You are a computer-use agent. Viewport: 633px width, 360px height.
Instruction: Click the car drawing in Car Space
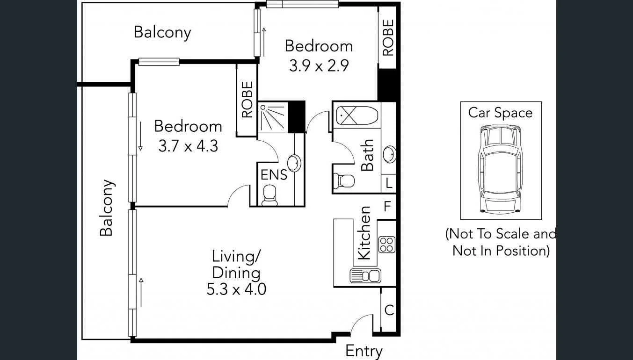click(x=500, y=169)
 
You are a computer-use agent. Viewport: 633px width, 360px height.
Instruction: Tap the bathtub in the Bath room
click(x=357, y=115)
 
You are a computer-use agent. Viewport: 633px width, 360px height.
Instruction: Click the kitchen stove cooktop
click(x=387, y=245)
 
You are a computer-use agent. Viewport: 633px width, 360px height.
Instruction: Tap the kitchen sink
click(x=365, y=276)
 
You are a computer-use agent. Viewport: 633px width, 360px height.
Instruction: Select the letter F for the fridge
click(x=387, y=207)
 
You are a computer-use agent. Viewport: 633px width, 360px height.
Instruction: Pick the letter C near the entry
click(x=388, y=310)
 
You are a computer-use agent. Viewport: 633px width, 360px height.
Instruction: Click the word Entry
click(x=364, y=351)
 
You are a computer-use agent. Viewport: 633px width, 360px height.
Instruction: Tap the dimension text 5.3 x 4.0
click(x=236, y=289)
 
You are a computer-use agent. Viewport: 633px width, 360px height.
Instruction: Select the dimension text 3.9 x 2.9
click(x=319, y=66)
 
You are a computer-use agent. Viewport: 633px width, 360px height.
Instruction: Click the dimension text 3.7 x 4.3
click(x=188, y=146)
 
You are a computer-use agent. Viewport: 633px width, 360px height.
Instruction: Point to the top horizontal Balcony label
click(x=162, y=32)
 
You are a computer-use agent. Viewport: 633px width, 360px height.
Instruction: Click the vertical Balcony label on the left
click(x=107, y=208)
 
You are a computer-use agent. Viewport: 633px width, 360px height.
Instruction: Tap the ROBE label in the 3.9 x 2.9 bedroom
click(x=388, y=37)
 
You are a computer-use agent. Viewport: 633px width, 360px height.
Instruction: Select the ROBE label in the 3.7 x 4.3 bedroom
click(x=247, y=100)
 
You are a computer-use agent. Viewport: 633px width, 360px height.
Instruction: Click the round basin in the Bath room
click(x=389, y=154)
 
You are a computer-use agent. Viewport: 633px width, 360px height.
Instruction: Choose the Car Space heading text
click(x=500, y=113)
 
